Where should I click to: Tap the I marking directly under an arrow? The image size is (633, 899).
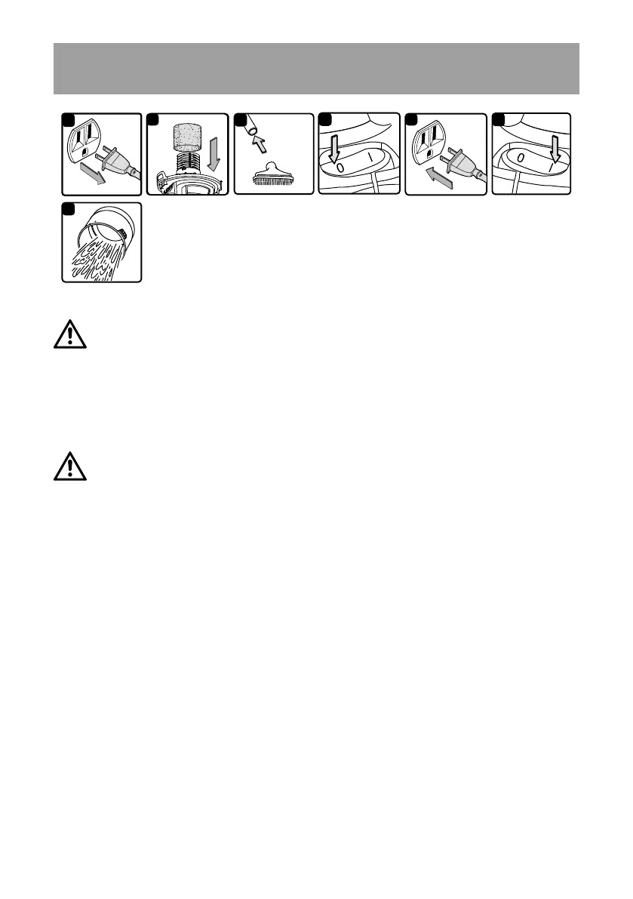pyautogui.click(x=555, y=162)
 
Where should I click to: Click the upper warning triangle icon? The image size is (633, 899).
pyautogui.click(x=69, y=334)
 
